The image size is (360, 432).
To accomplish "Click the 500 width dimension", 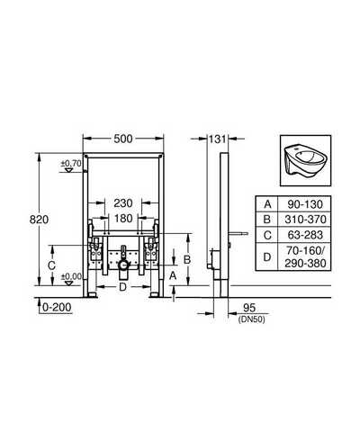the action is click(123, 139).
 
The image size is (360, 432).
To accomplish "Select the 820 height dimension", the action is click(39, 220).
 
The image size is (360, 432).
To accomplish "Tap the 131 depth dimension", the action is click(217, 139).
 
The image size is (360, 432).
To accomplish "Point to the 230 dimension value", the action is click(123, 203).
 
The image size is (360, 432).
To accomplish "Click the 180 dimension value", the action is click(123, 218).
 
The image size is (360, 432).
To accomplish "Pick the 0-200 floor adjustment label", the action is click(57, 307).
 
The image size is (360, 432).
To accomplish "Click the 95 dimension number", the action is click(249, 308).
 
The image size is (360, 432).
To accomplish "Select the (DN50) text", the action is click(251, 319).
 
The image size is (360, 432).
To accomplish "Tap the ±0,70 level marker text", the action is click(71, 164).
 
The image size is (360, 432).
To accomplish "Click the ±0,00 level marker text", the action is click(71, 276).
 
